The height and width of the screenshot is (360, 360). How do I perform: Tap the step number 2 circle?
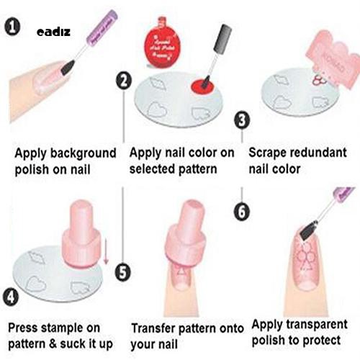124,81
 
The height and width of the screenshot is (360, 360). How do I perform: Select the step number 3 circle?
243,120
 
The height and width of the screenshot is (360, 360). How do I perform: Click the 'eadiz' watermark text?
52,32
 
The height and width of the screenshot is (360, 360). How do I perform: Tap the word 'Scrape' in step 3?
267,153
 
